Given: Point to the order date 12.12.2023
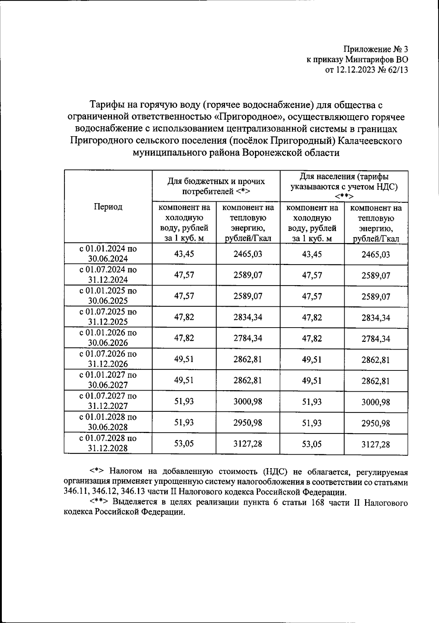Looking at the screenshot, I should pos(355,70).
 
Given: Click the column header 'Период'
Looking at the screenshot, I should pos(108,207).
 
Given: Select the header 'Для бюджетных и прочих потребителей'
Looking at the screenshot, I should pos(216,186).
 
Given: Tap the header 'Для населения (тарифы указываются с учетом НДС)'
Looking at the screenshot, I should pos(344,186).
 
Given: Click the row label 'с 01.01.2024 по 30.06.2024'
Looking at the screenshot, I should pos(108,254).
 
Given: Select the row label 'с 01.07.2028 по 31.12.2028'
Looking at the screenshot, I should pos(108,443).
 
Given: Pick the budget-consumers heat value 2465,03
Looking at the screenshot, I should pos(248,254).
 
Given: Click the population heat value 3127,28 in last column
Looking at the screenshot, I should pos(376,444).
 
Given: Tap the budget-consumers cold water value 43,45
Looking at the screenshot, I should pos(184,254).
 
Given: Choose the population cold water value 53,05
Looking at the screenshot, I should pos(312,444).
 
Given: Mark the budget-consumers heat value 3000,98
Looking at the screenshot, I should pos(248,402).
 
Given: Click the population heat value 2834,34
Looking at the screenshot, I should pos(376,318).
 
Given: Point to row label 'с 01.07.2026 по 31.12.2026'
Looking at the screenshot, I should pos(108,359).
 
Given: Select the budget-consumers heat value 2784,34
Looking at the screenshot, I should pos(248,339).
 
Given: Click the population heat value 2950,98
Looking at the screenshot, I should pos(376,423).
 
